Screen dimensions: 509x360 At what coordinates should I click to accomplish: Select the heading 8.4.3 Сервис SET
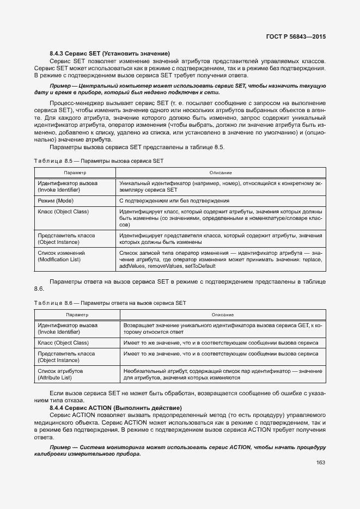click(x=109, y=53)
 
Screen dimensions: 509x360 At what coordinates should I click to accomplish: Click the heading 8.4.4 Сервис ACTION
click(x=115, y=407)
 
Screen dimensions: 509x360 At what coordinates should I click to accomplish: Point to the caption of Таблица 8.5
click(x=98, y=161)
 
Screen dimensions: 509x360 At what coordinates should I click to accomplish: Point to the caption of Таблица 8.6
click(x=110, y=302)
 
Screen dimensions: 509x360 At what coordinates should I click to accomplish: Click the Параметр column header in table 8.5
click(x=75, y=172)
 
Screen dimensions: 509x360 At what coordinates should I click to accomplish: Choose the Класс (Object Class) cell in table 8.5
click(x=63, y=211)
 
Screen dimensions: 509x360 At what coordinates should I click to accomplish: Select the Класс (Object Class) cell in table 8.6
click(x=63, y=342)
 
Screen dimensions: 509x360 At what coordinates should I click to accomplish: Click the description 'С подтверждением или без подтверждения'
click(x=174, y=201)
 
